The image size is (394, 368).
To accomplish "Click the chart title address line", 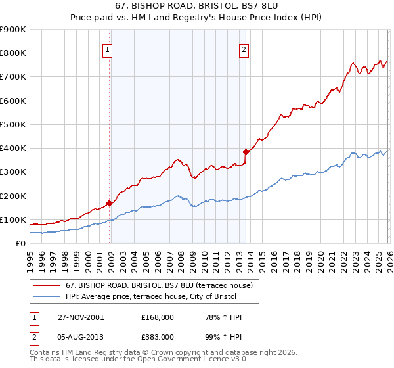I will (196, 7).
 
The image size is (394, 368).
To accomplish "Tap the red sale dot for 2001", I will (110, 203).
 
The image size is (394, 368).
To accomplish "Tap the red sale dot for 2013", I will (245, 152).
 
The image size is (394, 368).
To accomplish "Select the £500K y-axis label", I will (13, 124).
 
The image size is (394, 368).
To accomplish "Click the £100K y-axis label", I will (13, 219).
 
